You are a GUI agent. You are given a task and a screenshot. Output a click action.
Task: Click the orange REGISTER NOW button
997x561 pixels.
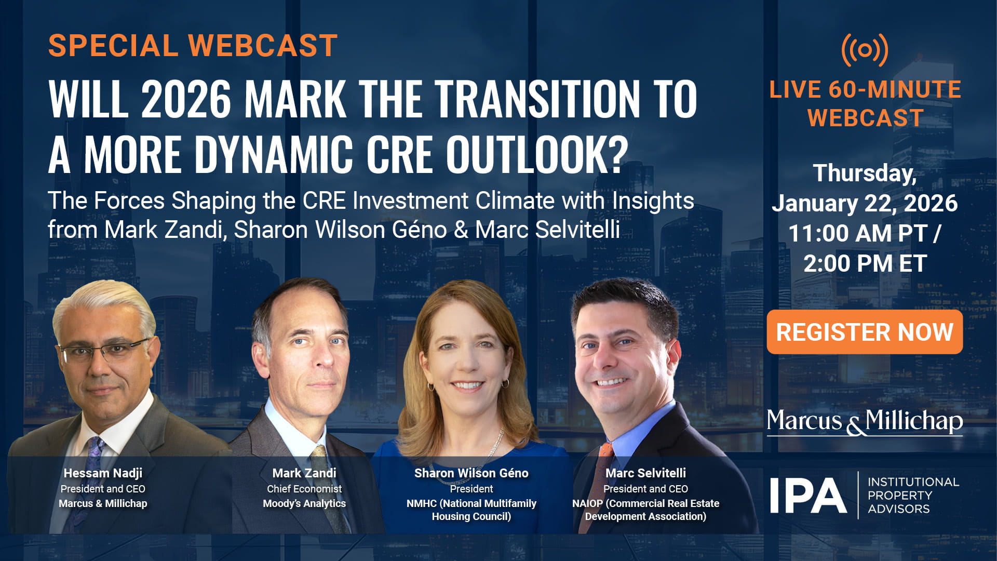pos(865,332)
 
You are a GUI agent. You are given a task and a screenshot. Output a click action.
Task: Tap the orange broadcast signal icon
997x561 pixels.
pos(865,50)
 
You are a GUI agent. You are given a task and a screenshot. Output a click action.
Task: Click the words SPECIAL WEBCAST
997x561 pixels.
pos(193,46)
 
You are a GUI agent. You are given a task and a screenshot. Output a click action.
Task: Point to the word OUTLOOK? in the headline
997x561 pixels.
pos(536,155)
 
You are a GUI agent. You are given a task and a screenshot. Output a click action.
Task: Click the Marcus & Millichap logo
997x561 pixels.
pos(865,421)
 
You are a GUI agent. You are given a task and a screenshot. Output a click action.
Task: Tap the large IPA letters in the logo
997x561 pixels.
pos(808,496)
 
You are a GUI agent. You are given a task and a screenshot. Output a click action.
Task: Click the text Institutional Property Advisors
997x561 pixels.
pos(912,496)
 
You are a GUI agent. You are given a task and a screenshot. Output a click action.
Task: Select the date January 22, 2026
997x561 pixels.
pos(865,203)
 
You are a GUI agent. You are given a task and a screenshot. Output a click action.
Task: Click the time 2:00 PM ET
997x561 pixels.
pos(865,263)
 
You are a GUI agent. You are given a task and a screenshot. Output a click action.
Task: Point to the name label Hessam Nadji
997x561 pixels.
pos(103,473)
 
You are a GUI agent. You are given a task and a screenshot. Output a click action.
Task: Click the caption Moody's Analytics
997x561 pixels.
pos(304,503)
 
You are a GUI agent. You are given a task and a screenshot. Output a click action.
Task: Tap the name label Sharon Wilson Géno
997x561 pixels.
pos(471,473)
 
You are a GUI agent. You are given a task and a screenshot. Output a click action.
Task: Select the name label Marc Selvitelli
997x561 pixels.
pos(645,473)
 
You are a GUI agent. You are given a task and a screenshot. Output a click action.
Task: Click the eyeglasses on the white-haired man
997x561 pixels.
pos(104,352)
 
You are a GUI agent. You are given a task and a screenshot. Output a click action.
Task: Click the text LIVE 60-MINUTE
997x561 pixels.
pos(865,89)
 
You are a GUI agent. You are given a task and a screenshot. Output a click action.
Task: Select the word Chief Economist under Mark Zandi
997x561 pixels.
pos(304,489)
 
